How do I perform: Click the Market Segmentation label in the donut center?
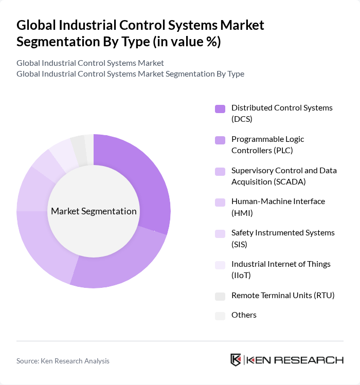coord(94,211)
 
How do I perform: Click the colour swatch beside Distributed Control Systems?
coord(220,108)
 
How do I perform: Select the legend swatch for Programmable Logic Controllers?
coord(220,140)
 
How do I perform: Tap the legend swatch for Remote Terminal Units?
coord(220,296)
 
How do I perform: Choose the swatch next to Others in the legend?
coord(220,316)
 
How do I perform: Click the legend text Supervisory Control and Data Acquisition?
coord(284,176)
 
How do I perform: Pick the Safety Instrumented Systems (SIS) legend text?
coord(283,238)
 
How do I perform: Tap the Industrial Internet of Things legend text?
coord(281,269)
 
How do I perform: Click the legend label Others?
coord(244,315)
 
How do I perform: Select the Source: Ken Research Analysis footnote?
coord(63,361)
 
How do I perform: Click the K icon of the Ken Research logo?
coord(236,360)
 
